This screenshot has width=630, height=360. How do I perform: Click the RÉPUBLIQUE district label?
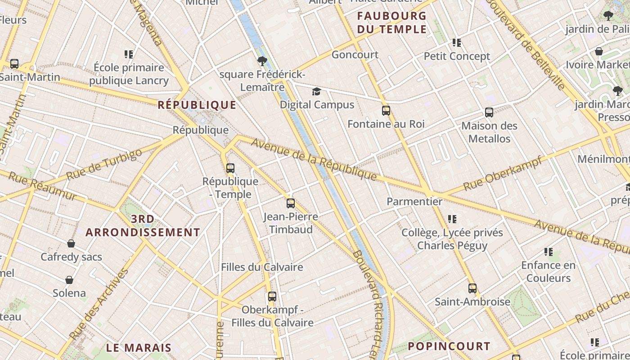point(197,105)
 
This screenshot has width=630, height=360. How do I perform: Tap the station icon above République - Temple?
point(230,168)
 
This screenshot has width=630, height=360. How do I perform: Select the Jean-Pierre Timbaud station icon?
point(291,203)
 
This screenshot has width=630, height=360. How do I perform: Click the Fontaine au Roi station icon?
point(386,111)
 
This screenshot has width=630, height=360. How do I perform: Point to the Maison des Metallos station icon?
point(489,112)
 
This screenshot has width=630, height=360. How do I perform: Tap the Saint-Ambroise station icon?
point(472,288)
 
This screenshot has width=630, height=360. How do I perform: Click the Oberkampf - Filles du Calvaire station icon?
point(272,297)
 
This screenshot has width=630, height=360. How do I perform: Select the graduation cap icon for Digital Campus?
point(317,92)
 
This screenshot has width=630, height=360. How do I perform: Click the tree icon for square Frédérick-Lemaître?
point(262,61)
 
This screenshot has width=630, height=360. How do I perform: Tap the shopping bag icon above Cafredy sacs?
point(71,244)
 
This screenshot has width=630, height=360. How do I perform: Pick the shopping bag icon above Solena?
point(69,280)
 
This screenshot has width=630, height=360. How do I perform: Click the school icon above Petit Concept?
point(457,43)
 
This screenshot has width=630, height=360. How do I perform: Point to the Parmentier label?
point(414,202)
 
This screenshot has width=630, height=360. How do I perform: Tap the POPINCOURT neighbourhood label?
point(449,346)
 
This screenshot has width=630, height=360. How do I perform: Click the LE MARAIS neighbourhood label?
point(139,347)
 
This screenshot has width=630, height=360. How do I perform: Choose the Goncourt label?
point(355,55)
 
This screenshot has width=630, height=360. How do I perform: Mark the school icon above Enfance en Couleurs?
point(548,252)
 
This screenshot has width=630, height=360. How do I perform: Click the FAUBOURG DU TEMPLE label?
point(391,23)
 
